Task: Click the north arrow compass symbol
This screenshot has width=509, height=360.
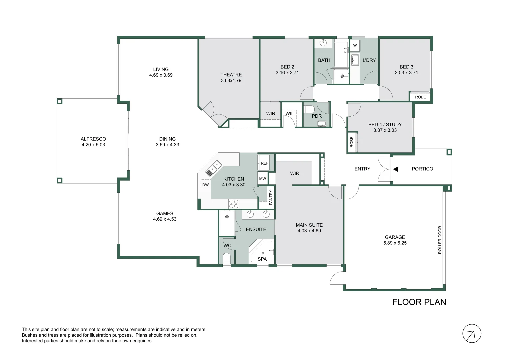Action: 472,333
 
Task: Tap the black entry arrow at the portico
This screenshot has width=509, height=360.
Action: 396,169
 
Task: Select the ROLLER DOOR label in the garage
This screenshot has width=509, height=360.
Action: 440,240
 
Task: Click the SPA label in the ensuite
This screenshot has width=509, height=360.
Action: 262,259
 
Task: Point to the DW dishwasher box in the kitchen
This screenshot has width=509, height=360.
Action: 205,185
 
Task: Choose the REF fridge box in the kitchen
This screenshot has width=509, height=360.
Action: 264,163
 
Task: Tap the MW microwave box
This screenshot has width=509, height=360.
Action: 263,178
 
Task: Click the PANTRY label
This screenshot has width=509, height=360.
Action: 271,197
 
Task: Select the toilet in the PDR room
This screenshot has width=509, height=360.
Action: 309,109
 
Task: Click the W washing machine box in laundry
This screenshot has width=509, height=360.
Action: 355,45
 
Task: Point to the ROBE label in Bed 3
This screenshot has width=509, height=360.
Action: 420,97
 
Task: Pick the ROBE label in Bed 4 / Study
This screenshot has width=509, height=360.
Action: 351,142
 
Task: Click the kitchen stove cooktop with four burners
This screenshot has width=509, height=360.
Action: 234,204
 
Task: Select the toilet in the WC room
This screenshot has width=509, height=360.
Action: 227,259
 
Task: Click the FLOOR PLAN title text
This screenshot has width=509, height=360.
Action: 419,302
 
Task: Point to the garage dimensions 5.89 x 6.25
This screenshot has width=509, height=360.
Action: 395,243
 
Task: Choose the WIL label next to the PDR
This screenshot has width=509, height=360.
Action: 289,113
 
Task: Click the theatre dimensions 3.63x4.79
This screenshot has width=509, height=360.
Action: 231,80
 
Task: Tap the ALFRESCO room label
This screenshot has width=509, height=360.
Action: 93,139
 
